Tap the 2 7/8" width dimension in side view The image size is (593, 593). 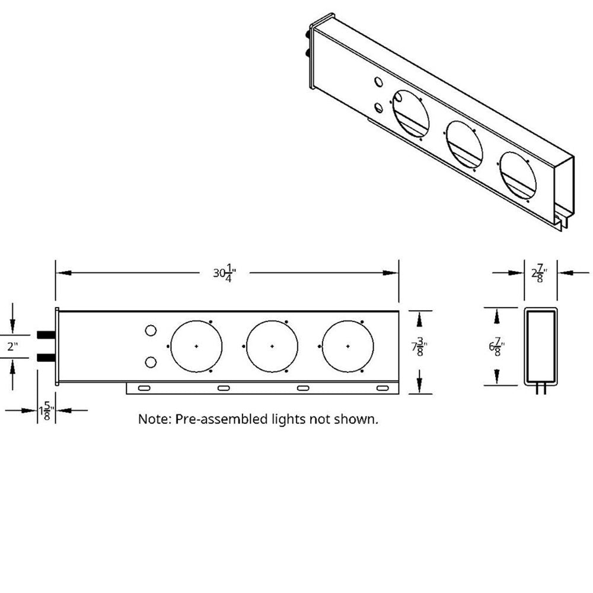(x=539, y=273)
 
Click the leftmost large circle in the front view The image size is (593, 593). (x=196, y=346)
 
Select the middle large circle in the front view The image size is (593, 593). (x=272, y=346)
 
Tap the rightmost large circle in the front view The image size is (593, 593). (x=347, y=346)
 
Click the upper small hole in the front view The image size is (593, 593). (x=151, y=330)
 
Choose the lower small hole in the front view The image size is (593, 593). (x=151, y=361)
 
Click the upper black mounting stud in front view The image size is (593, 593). (x=45, y=335)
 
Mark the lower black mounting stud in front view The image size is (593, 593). (x=45, y=358)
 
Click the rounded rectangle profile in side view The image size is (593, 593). (x=540, y=346)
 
